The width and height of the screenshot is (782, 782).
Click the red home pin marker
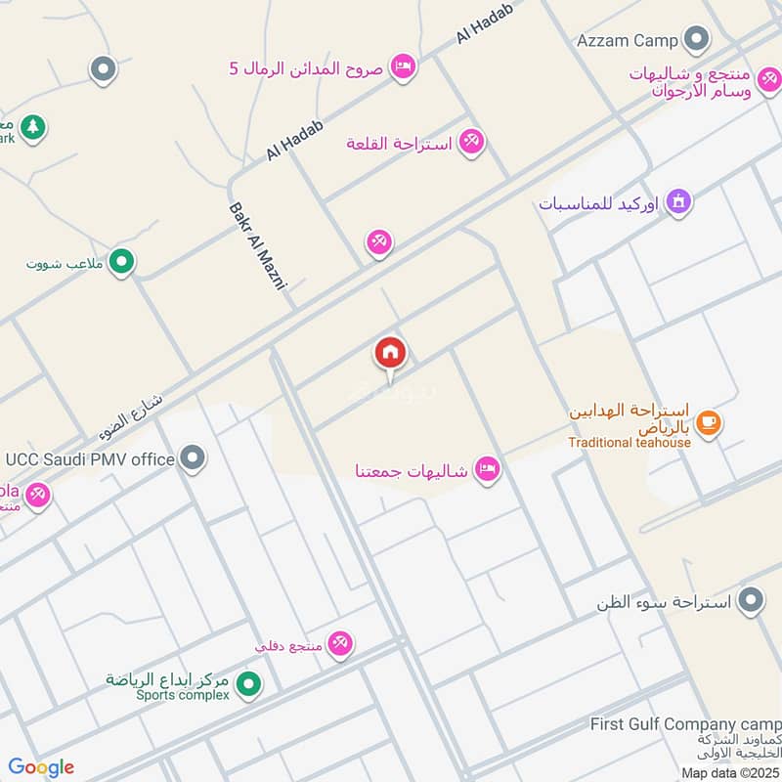(390, 354)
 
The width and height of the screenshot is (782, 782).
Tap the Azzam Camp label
(628, 40)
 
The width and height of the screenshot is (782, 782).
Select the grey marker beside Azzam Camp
(696, 39)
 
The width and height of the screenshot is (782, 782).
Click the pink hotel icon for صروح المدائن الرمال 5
(401, 66)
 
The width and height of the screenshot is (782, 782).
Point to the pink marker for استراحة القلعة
(472, 143)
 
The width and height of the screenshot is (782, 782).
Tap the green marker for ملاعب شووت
(121, 261)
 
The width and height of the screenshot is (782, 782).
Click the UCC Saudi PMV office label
(90, 458)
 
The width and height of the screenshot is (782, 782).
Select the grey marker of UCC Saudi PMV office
(194, 457)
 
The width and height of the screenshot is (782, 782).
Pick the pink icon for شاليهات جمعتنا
(486, 471)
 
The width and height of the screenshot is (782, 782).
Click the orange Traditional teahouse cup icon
(710, 422)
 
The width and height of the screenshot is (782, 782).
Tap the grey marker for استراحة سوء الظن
(751, 600)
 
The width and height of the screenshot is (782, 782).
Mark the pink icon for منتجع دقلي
(339, 643)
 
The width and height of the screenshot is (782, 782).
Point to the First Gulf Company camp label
(685, 724)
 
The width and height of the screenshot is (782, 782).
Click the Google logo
(41, 766)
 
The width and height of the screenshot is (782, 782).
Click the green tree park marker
(33, 127)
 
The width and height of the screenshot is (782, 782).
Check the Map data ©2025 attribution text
(728, 772)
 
